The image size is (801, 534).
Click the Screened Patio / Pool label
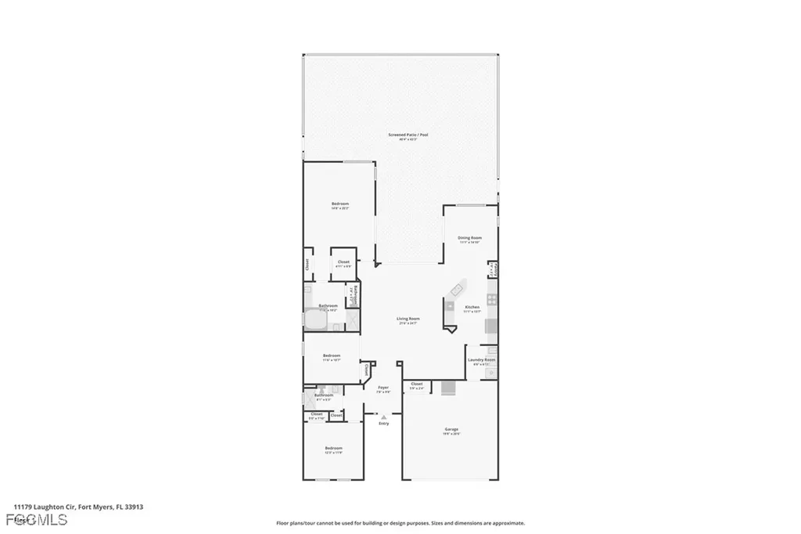click(x=408, y=135)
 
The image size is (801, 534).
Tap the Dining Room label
click(x=469, y=238)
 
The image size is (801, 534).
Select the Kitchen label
click(x=472, y=307)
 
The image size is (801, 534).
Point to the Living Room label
click(x=408, y=319)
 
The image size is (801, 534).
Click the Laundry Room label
click(x=481, y=361)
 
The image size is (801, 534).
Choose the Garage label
click(x=451, y=430)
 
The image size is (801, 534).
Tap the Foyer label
click(x=383, y=388)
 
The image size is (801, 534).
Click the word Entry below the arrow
click(x=383, y=424)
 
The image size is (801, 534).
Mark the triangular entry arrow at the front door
click(x=383, y=417)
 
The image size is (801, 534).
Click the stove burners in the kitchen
click(x=491, y=300)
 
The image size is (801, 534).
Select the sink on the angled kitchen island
click(x=451, y=305)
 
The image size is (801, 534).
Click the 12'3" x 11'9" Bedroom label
click(x=334, y=449)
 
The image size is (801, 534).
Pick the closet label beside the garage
click(x=416, y=384)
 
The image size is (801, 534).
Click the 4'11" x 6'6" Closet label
click(x=343, y=263)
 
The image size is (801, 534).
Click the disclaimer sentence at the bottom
click(x=400, y=523)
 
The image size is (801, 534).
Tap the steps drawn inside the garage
click(x=449, y=388)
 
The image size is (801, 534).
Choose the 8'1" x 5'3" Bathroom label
click(x=323, y=396)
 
